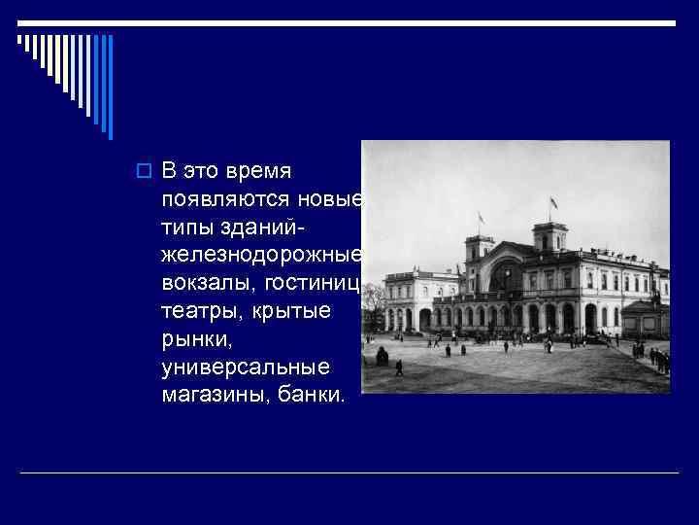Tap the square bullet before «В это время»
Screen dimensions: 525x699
tap(142, 172)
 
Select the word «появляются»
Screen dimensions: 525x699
tap(216, 200)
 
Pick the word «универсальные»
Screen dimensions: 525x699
tap(246, 367)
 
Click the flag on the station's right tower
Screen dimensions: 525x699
tap(553, 203)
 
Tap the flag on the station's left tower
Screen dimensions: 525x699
tap(480, 217)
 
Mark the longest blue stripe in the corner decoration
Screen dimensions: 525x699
tap(110, 87)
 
